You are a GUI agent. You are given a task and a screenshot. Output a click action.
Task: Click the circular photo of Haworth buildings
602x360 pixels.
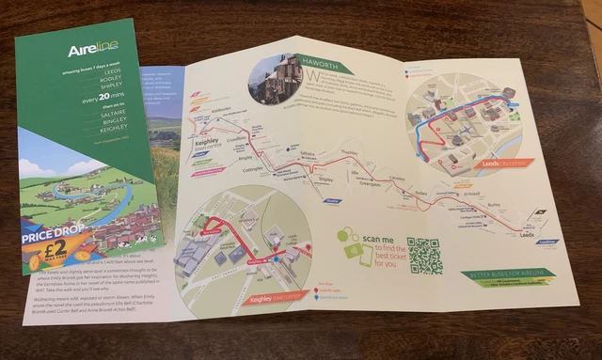click(275, 78)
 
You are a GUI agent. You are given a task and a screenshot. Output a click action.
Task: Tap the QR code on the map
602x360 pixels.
click(425, 255)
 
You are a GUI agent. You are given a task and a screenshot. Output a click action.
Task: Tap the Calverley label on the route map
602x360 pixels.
click(400, 179)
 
